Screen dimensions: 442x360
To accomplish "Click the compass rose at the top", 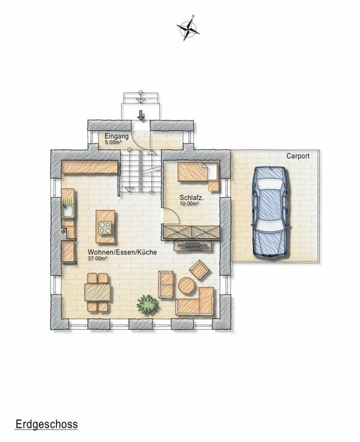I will coord(188,27).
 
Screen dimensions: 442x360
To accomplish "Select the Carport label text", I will coord(298,156).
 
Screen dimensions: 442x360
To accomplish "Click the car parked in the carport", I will coord(269,211).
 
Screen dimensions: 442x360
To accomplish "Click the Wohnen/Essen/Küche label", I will coord(122,252).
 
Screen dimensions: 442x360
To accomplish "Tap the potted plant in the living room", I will coord(147,304).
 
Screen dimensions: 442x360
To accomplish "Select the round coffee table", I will coord(187,287).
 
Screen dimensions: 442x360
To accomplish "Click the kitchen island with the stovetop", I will coord(106,226).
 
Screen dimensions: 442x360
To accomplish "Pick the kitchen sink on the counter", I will coord(68,211).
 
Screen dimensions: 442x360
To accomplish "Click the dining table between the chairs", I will coord(97,292).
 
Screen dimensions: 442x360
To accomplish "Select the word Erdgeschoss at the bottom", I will coord(46,425).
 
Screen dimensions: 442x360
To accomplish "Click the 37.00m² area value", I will coord(98,259).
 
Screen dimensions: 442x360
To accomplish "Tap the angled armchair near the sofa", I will coord(199,270).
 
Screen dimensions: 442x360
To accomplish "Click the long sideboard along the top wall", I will coord(90,167).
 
